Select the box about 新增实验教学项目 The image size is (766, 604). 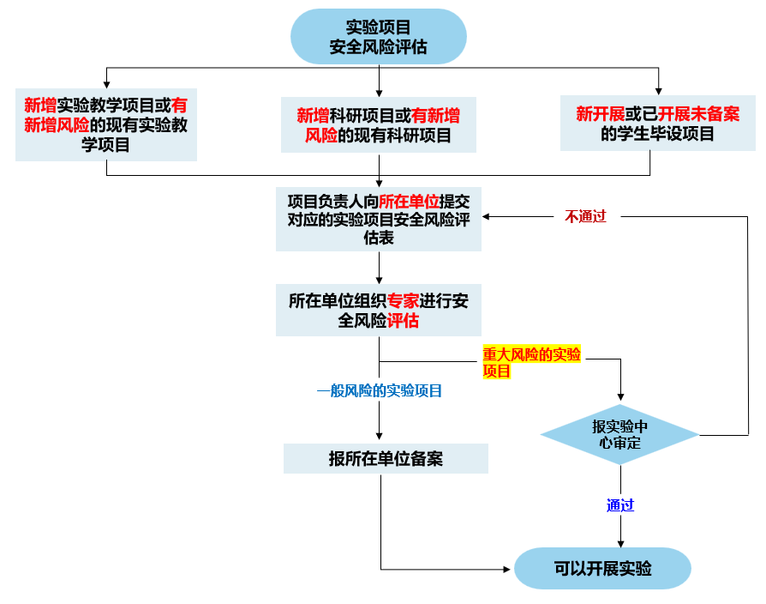coord(106,124)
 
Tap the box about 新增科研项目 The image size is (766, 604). coord(378,124)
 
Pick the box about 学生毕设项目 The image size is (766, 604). coord(657,124)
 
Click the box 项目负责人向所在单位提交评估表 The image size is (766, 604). coord(378,219)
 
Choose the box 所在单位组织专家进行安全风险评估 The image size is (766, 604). coord(378,311)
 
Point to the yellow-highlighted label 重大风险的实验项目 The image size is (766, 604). coord(531,363)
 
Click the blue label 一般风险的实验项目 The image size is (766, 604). coord(380,391)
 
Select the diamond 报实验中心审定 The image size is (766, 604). coord(620,435)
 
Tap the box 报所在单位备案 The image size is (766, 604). coord(386,458)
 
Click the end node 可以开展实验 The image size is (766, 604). coord(602,568)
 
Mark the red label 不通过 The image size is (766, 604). coord(585,217)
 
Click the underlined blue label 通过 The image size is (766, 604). coord(620,505)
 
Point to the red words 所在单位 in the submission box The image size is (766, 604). coord(409,202)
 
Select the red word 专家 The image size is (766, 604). coord(403,301)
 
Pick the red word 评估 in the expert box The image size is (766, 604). coord(403,321)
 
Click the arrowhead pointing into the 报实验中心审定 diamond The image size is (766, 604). coord(620,399)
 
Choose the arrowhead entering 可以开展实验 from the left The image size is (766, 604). coord(508,568)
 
